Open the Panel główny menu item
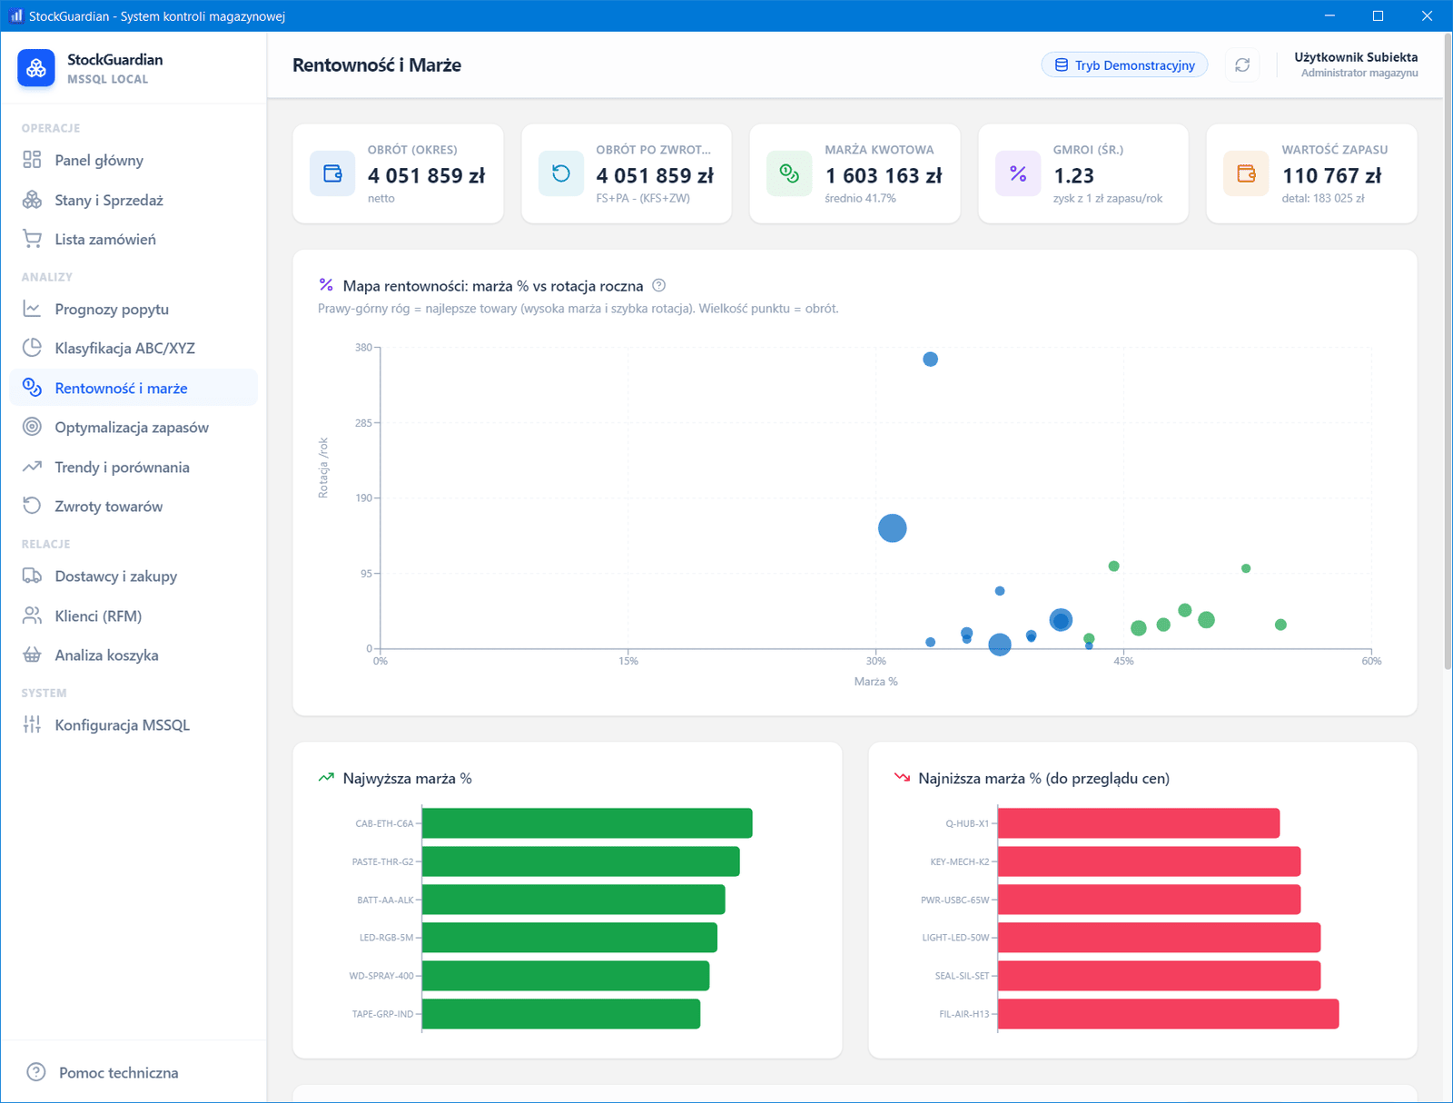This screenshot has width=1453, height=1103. tap(99, 160)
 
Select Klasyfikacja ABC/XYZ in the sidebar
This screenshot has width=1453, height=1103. tap(124, 348)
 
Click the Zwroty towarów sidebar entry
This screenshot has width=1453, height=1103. tap(109, 507)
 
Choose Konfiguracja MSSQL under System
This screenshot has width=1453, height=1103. tap(123, 724)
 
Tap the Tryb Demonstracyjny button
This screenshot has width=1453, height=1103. tap(1124, 64)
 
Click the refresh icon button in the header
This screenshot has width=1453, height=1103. tap(1241, 64)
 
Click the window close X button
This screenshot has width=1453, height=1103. tap(1427, 15)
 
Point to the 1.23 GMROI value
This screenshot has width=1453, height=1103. tap(1073, 175)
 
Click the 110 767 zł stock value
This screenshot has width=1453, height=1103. tap(1331, 175)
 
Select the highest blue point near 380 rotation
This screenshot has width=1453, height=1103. tap(930, 359)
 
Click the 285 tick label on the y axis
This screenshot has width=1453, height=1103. tap(363, 423)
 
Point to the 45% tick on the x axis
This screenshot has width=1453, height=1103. tap(1123, 661)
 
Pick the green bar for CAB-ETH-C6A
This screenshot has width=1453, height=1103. tap(588, 823)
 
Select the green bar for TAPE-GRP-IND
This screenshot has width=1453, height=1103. tap(561, 1014)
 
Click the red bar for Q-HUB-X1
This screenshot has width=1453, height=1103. tap(1139, 823)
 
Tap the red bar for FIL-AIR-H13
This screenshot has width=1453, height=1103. tap(1169, 1014)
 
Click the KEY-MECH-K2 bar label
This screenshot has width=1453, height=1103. tap(959, 862)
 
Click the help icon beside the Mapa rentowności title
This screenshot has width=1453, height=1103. tap(658, 285)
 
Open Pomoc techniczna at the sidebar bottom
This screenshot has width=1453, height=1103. tap(118, 1072)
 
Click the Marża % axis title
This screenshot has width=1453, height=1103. tap(875, 682)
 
